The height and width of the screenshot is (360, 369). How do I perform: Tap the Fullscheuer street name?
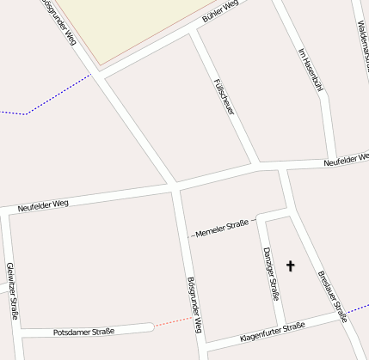(x=223, y=95)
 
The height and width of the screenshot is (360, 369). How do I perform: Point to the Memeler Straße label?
(x=226, y=228)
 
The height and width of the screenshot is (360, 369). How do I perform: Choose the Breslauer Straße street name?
(x=332, y=296)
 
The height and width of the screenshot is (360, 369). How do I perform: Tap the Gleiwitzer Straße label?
(x=12, y=290)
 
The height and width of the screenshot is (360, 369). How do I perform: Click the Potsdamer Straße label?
(x=83, y=332)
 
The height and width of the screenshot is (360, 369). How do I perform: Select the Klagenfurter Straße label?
(x=272, y=331)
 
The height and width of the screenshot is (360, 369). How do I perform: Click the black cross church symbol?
(x=290, y=266)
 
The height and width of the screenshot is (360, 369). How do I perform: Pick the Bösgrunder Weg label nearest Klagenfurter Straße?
(x=194, y=305)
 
